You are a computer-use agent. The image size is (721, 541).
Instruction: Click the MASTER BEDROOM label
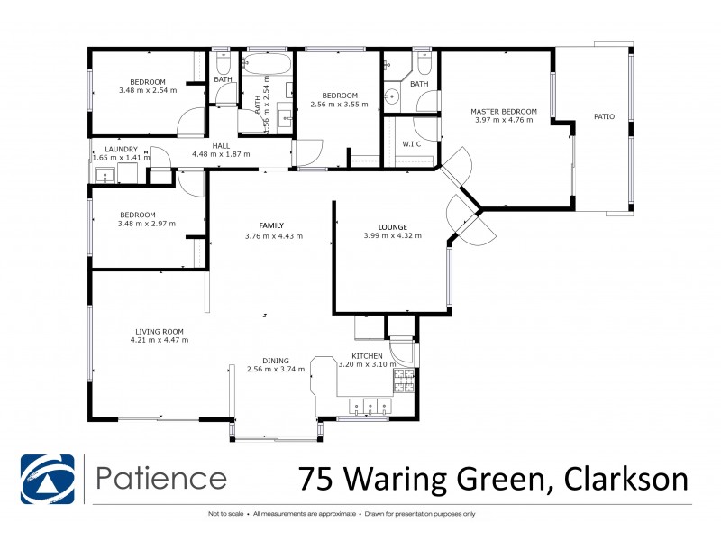(504, 112)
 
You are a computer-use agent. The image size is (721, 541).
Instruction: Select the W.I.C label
(412, 143)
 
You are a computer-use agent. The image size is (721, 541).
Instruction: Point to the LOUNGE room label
(392, 226)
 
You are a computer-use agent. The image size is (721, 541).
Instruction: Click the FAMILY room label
(272, 225)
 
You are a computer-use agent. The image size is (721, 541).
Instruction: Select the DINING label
(277, 358)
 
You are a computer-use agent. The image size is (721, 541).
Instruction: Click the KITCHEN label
(368, 356)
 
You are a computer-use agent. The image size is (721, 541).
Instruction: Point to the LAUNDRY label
(121, 149)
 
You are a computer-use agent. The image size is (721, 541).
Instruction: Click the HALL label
(221, 144)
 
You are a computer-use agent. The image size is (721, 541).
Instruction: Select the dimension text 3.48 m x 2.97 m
(147, 224)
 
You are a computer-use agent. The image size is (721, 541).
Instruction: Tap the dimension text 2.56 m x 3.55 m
(340, 105)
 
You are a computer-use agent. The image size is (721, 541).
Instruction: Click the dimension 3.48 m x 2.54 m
(147, 90)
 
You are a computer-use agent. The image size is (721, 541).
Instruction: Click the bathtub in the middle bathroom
(268, 64)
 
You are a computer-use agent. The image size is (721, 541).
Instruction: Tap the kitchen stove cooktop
(404, 381)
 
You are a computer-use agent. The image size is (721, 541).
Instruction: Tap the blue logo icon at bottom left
(49, 478)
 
